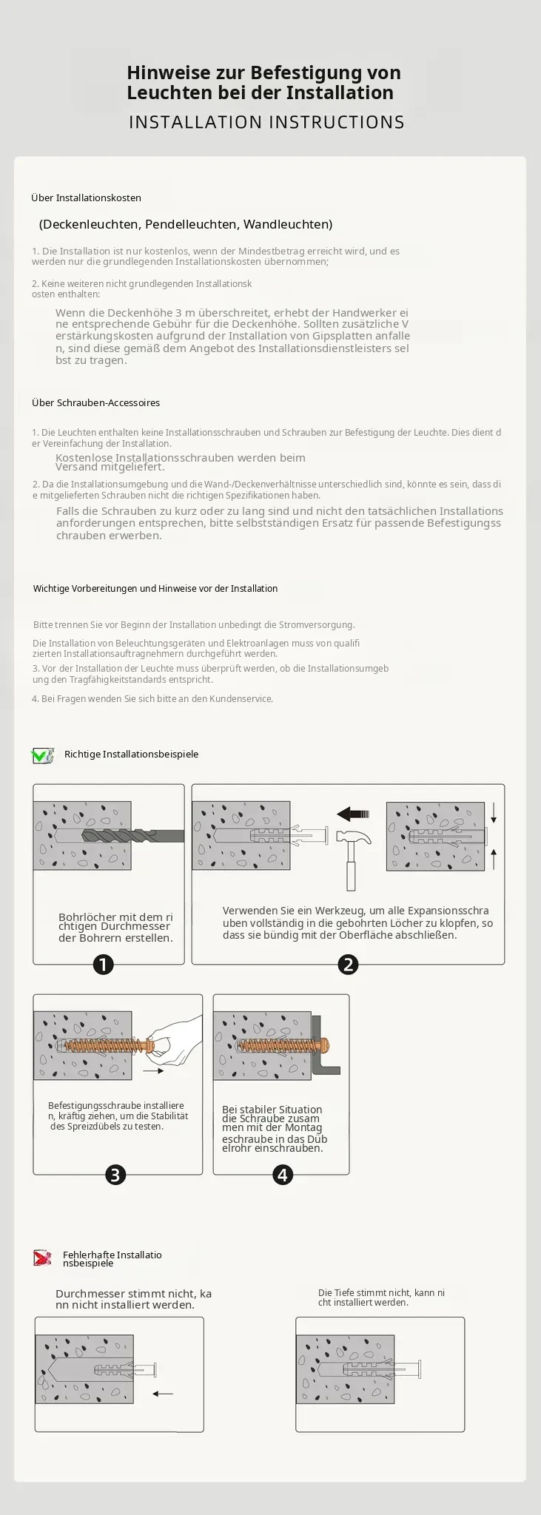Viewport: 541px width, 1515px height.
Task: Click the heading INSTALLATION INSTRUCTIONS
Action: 266,122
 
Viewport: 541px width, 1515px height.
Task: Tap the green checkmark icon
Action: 42,755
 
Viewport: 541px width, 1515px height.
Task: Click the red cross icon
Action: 42,1258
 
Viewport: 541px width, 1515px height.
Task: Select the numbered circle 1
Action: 104,965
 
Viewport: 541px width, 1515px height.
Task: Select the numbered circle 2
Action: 348,965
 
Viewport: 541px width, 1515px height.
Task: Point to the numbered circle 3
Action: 115,1175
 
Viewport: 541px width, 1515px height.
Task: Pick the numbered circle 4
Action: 283,1175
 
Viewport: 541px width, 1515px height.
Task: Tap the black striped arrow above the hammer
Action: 352,814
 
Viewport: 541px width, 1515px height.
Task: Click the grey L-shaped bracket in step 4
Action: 325,1044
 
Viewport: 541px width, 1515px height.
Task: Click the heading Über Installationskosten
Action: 86,198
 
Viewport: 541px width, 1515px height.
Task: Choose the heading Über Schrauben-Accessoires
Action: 95,403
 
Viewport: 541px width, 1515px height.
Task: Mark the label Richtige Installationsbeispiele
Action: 131,755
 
